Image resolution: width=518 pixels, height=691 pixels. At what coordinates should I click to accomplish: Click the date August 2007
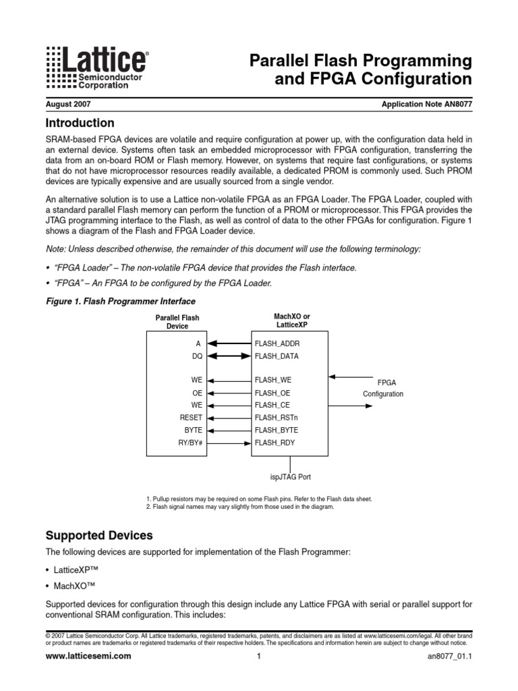point(68,105)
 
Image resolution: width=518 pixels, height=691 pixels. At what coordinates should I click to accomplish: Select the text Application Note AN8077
point(426,105)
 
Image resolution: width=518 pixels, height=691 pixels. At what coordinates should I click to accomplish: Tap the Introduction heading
point(80,123)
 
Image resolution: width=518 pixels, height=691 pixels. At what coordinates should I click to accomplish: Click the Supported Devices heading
point(99,536)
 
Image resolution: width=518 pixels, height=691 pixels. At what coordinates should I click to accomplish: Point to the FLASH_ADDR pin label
point(277,343)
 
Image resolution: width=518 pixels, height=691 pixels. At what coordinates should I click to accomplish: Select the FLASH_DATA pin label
point(277,356)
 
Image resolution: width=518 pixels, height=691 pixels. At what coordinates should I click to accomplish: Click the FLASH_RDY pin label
point(275,443)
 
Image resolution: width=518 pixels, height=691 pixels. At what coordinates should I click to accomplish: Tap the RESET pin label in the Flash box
point(191,418)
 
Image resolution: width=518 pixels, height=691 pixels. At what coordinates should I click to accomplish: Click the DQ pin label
point(197,356)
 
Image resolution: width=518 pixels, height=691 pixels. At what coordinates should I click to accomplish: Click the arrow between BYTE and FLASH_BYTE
point(228,430)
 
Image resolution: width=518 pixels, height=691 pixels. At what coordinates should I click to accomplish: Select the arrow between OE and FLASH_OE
point(228,393)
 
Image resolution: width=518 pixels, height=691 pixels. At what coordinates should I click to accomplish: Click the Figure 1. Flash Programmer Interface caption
point(120,301)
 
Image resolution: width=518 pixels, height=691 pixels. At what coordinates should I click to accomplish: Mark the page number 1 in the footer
point(258,657)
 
